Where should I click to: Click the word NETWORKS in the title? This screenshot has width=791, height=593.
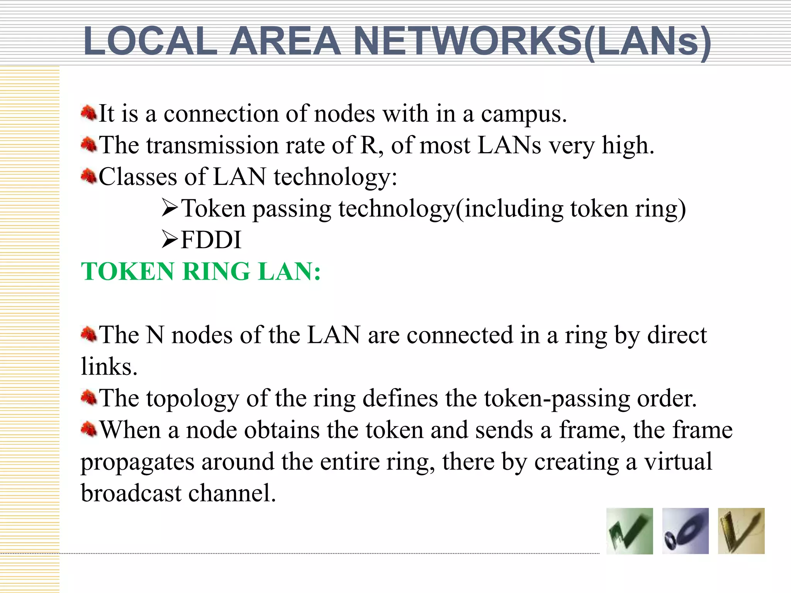(x=467, y=41)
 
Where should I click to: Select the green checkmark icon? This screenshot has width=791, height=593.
(x=630, y=531)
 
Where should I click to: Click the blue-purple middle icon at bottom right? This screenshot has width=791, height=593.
(x=685, y=531)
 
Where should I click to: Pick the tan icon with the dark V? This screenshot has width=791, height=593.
(x=741, y=531)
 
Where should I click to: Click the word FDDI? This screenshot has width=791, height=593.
(x=211, y=240)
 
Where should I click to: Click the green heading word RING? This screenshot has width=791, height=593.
(x=216, y=271)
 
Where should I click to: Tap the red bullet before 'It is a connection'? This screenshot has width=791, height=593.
(x=89, y=114)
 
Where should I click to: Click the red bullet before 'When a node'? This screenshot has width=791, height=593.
(x=89, y=429)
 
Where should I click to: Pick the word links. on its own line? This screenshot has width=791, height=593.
(x=109, y=367)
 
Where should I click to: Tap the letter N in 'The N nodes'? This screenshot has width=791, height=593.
(x=155, y=335)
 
